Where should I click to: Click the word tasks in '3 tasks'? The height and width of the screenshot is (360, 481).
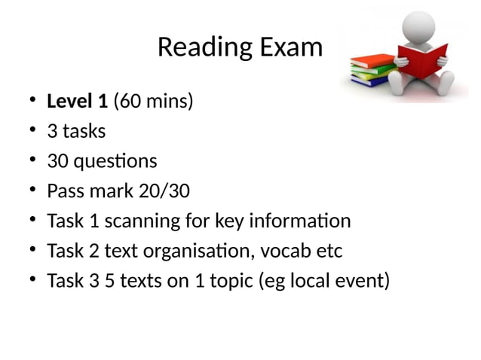[84, 131]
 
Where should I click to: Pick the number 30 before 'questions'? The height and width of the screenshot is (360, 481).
[57, 161]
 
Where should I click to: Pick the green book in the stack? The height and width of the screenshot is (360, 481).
[374, 72]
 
